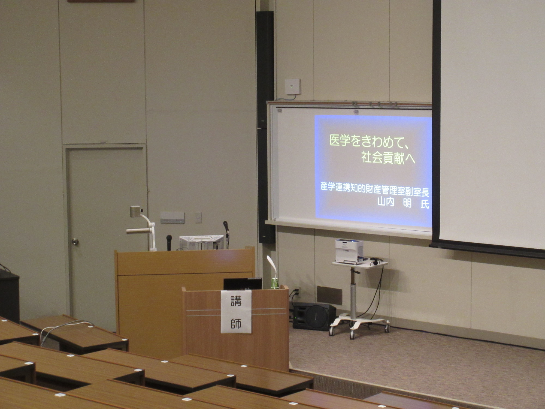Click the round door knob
pyautogui.click(x=75, y=242)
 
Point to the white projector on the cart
pyautogui.click(x=349, y=251)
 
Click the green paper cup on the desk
pyautogui.click(x=275, y=283)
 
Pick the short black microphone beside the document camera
pyautogui.click(x=169, y=242)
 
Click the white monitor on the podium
pyautogui.click(x=201, y=242)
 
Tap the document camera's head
pyautogui.click(x=137, y=211)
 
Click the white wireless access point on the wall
pyautogui.click(x=293, y=86)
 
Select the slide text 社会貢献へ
pyautogui.click(x=388, y=158)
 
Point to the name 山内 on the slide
pyautogui.click(x=386, y=203)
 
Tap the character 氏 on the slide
pyautogui.click(x=425, y=204)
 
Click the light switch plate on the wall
pyautogui.click(x=198, y=217)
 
